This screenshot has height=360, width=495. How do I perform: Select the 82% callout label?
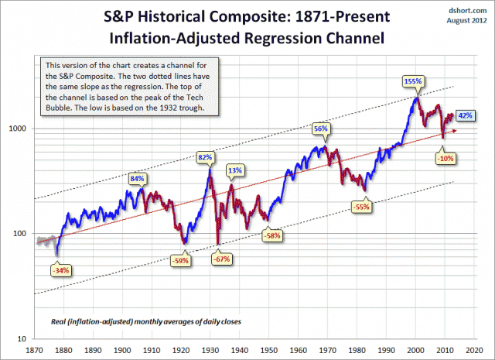[x=205, y=157]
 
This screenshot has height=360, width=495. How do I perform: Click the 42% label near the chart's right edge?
[x=466, y=115]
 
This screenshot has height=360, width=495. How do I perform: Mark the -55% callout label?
[x=362, y=207]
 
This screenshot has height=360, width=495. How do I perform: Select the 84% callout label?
[x=138, y=179]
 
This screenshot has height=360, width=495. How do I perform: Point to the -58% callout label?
[x=271, y=235]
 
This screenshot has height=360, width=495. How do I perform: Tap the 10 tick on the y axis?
[x=23, y=339]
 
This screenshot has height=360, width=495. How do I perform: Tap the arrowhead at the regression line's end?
[x=455, y=130]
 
